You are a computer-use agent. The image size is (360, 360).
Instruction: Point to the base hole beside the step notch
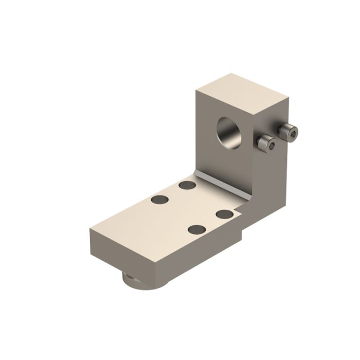click(225, 213)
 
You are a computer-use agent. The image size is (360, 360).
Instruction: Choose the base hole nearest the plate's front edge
click(197, 229)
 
